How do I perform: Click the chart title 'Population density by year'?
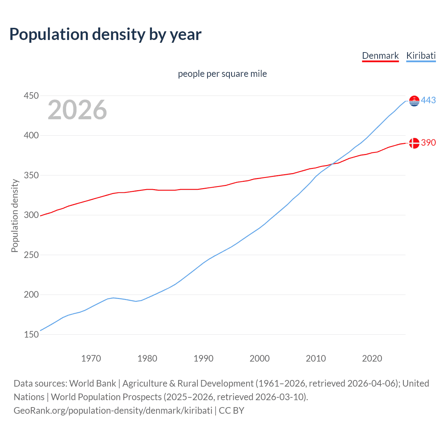coord(105,34)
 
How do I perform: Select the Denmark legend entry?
coord(380,56)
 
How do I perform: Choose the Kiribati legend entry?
coord(421,56)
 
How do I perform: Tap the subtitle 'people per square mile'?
coord(222,74)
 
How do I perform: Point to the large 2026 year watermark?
coord(77,110)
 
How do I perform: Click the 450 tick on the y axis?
coord(31,96)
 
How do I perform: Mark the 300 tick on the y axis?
coord(31,215)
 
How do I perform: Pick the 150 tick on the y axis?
coord(31,334)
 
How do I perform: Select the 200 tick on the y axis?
coord(31,294)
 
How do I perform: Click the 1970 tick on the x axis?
coord(91,358)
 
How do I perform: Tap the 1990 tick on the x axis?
coord(203,358)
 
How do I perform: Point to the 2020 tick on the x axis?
coord(372,358)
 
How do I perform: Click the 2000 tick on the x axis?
coord(260,358)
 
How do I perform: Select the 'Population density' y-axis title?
coord(15,216)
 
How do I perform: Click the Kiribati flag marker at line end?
coord(414,101)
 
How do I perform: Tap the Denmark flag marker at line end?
coord(414,143)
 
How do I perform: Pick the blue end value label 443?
coord(428,100)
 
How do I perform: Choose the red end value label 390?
coord(428,143)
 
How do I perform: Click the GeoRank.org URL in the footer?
coord(113,411)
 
